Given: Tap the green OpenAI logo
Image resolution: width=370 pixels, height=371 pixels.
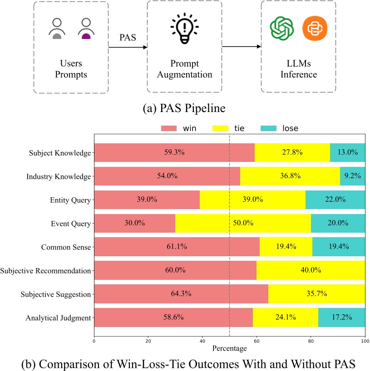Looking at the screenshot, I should point(281,29).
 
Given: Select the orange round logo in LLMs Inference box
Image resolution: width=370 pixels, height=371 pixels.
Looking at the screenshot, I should point(314,29).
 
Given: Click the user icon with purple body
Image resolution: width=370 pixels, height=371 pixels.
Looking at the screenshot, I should point(85,29).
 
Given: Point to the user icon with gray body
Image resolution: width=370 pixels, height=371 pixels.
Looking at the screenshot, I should point(57,29).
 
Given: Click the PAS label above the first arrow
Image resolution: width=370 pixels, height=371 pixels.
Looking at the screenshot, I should point(128,37).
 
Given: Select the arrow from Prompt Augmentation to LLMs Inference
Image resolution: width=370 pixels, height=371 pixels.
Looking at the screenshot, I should point(242,47).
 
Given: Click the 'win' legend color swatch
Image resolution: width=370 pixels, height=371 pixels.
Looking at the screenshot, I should point(171,128).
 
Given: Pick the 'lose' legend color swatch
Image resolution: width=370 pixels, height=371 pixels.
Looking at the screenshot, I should point(269,128).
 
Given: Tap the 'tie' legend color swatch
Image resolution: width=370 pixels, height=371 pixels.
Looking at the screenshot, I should point(221,128).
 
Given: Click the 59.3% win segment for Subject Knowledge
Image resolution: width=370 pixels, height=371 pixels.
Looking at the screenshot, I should point(174,152).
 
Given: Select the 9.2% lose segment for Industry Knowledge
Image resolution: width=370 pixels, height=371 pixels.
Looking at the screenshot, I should point(352,176).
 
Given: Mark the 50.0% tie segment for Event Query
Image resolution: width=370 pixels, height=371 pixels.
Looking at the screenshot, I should point(243,223).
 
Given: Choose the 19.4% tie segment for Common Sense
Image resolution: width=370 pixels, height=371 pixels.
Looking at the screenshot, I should point(286,247).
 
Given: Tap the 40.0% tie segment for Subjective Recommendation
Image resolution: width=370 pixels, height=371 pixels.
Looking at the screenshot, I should point(311,270).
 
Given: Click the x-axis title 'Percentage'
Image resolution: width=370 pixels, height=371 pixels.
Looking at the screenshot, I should point(229,348).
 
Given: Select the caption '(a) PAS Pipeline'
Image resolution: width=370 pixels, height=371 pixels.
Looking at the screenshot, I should point(185,108).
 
